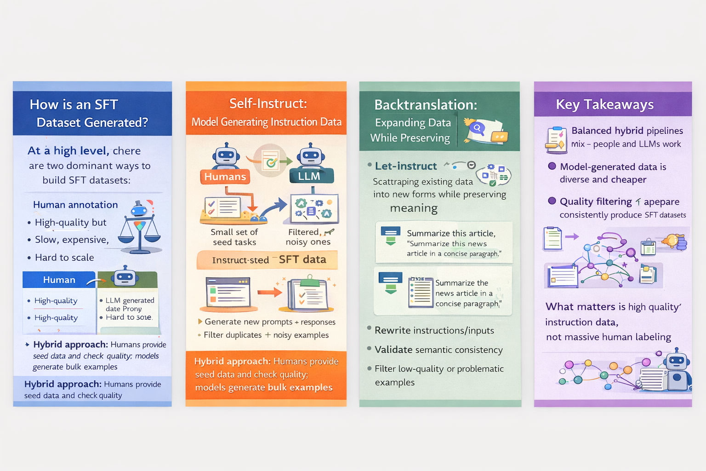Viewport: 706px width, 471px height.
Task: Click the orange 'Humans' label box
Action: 225,177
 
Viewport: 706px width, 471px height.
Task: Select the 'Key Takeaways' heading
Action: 604,104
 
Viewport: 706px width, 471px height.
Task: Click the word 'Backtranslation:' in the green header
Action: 426,105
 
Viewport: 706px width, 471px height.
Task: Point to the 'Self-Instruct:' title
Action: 268,103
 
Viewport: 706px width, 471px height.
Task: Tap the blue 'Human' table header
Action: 59,280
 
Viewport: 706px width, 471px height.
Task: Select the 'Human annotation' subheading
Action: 75,205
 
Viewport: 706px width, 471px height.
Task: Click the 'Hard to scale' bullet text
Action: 64,258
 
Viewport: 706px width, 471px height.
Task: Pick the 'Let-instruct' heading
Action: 406,166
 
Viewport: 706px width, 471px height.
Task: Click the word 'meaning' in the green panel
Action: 414,208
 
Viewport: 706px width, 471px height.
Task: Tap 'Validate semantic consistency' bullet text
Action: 438,350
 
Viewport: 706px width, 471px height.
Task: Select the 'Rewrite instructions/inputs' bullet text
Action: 434,330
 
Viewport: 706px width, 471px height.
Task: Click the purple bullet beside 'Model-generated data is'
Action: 552,166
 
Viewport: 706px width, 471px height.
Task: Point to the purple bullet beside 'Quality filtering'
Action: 552,201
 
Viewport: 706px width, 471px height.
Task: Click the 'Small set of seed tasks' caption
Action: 234,237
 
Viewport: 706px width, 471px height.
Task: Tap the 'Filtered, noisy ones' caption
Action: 308,237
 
